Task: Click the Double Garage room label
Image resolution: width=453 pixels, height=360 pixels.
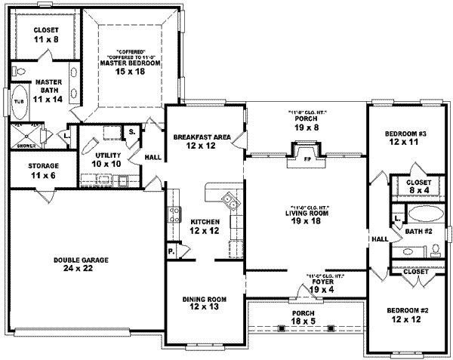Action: (81, 263)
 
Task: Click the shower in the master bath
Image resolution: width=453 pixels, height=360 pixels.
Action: (26, 137)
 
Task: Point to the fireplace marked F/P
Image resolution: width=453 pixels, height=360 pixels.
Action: (307, 159)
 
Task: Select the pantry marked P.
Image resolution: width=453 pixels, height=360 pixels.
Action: (172, 251)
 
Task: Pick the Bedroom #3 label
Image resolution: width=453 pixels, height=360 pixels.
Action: (405, 137)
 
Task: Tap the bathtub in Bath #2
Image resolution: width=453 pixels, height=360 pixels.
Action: (421, 212)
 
